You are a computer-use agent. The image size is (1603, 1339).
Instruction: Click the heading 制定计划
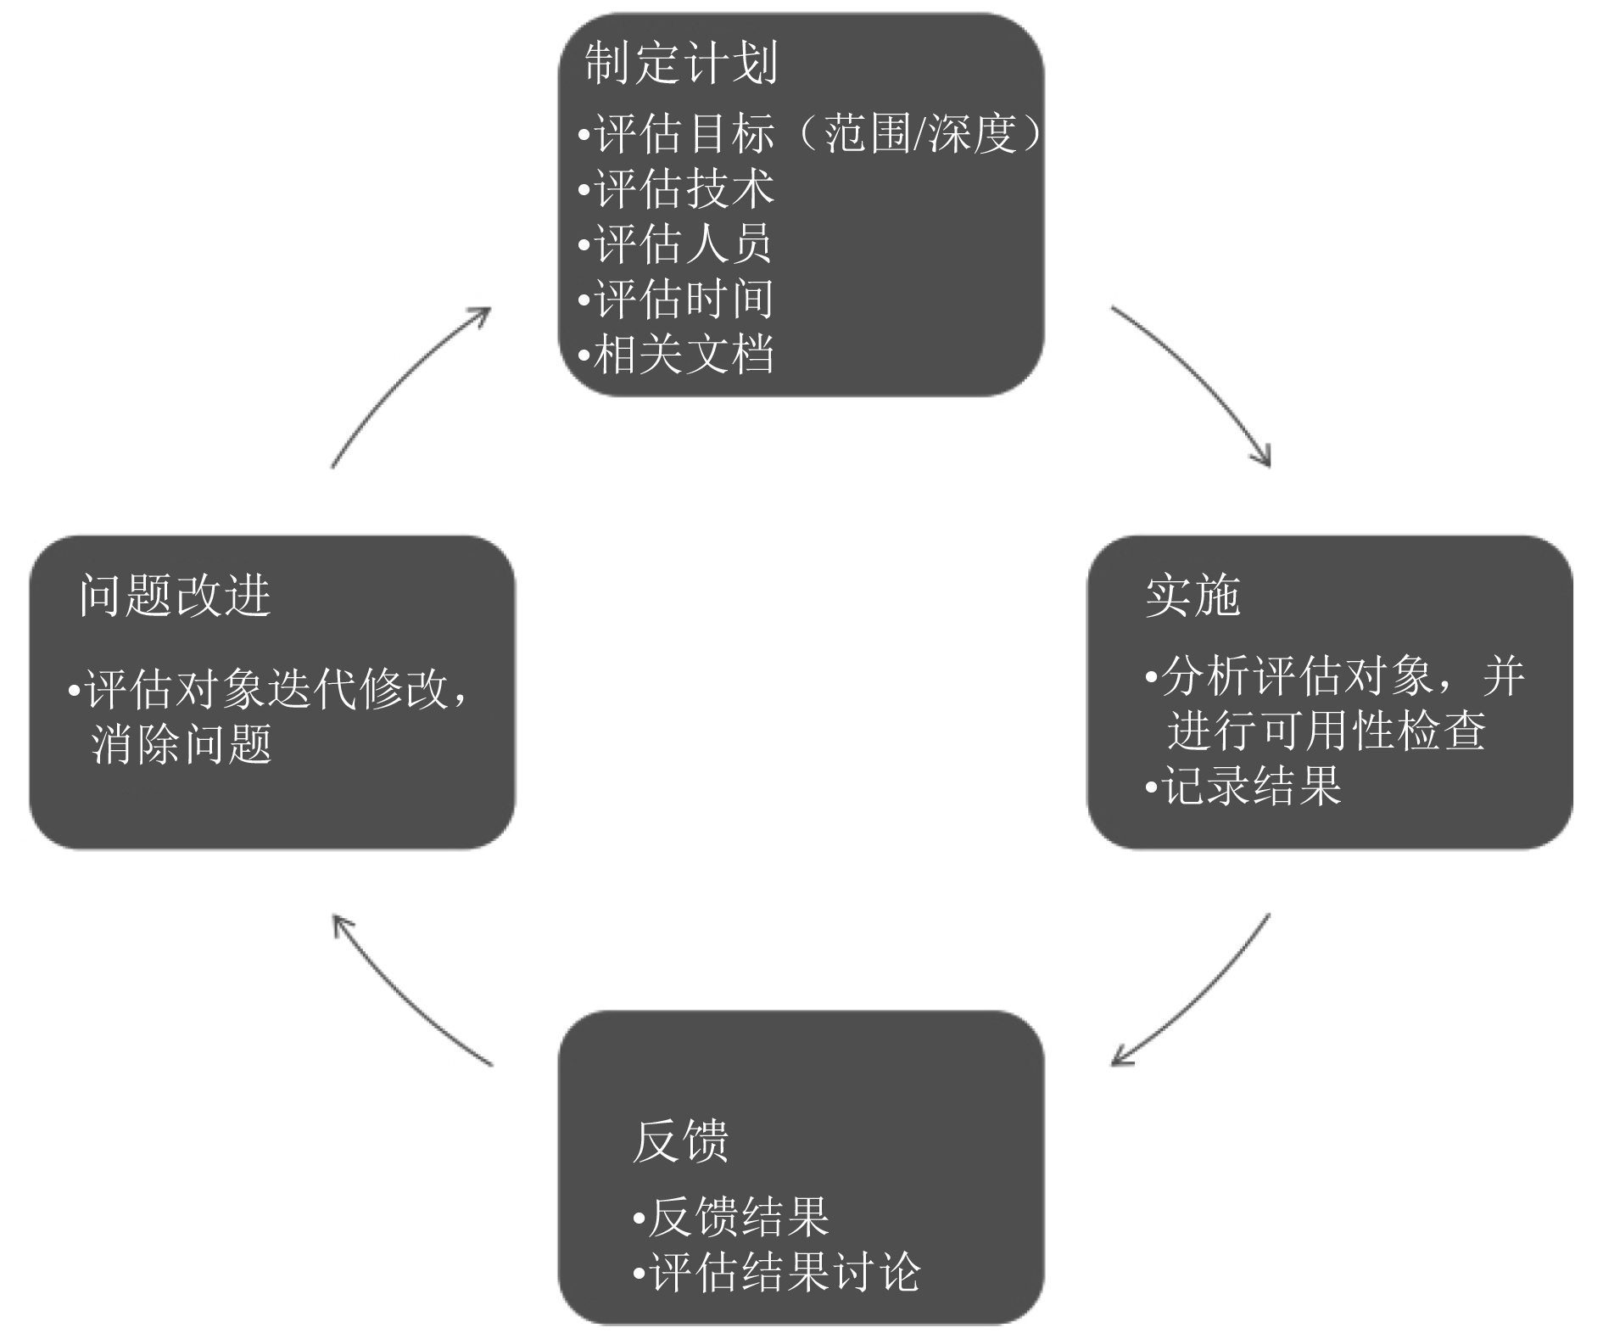point(681,63)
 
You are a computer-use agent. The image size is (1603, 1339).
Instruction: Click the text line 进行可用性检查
point(1326,731)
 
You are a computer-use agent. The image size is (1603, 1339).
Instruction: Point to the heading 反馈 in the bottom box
point(680,1141)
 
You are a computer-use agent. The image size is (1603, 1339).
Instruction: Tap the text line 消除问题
point(182,744)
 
